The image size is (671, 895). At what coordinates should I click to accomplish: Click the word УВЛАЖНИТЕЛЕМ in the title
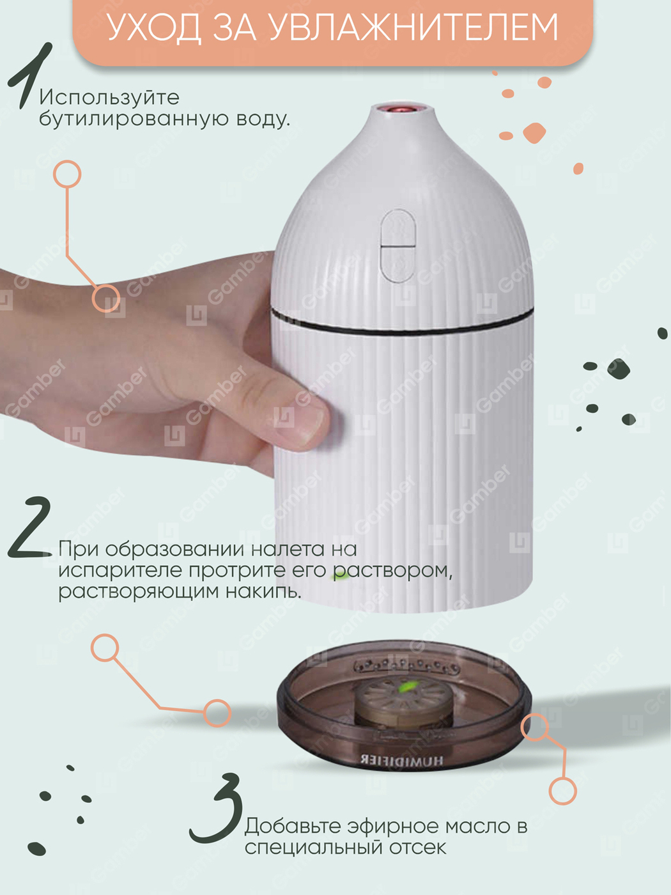414,27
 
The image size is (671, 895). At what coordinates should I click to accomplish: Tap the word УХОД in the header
155,27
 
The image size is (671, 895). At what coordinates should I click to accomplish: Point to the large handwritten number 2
30,527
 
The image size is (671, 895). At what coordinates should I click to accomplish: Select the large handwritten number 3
216,808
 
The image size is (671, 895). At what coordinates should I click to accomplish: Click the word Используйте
109,98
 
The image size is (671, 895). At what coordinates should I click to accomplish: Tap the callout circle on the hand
106,298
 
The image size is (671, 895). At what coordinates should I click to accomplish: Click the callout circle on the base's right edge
535,727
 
